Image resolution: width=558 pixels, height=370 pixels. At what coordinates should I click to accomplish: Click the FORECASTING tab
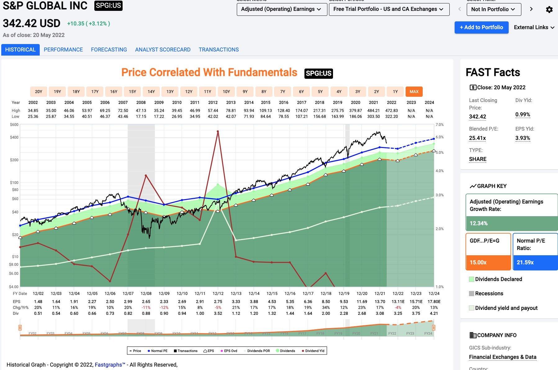coord(109,50)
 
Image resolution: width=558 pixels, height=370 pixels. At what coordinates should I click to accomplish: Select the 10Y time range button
coord(226,91)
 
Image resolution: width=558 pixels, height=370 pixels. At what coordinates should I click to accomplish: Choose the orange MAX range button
coord(414,91)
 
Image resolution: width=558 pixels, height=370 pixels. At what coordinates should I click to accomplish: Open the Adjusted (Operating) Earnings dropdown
coord(281,9)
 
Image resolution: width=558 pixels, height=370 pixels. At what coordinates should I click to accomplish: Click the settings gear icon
coord(549,10)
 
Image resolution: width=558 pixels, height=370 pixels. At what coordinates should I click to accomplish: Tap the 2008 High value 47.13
coord(141,110)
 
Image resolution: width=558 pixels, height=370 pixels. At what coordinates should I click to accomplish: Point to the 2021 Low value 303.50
coord(373,116)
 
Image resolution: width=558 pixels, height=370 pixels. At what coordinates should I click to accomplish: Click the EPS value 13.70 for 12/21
coord(380,301)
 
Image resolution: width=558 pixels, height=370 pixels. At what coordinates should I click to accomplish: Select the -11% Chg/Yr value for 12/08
coord(146,307)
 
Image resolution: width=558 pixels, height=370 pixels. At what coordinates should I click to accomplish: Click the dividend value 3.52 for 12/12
coord(218,313)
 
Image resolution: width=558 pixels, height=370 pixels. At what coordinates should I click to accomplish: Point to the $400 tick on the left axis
coord(14,137)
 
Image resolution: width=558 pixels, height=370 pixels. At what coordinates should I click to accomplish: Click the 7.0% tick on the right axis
coord(439,125)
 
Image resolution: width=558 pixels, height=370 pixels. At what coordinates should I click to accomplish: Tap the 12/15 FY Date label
coord(272,293)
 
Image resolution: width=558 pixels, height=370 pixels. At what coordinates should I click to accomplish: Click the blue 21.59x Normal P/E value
coord(525,262)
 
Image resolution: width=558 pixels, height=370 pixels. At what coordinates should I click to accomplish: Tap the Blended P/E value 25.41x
coord(477,138)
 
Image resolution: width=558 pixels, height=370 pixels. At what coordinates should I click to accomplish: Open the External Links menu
coord(534,27)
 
